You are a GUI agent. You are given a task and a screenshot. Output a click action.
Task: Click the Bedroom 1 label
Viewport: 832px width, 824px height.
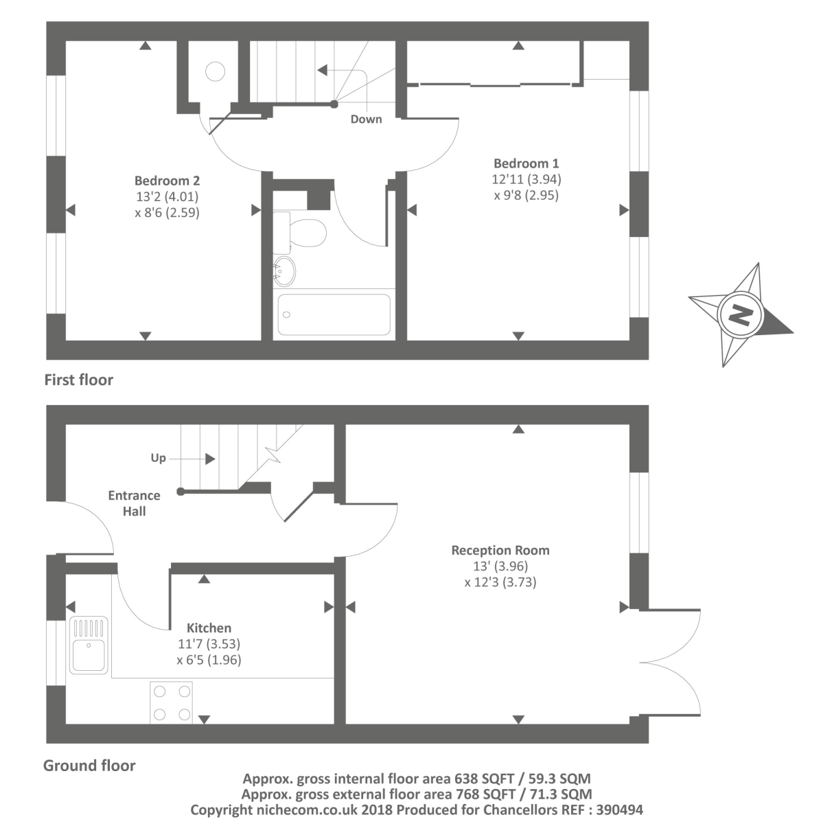point(526,163)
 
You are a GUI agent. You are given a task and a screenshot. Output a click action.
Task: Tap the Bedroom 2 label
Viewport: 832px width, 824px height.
point(167,181)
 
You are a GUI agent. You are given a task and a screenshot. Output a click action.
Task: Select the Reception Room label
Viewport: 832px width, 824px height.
point(500,550)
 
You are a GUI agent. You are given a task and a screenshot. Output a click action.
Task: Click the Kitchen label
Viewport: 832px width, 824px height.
point(209,628)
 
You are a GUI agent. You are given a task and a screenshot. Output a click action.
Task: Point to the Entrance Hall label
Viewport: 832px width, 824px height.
point(134,503)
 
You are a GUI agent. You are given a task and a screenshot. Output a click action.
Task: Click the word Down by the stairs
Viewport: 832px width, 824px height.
point(366,119)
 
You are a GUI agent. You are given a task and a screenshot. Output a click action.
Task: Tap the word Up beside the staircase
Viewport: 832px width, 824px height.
point(158,458)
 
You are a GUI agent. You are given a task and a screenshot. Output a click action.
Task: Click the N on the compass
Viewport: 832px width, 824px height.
point(740,315)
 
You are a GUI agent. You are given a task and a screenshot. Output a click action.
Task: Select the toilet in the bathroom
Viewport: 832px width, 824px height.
point(302,232)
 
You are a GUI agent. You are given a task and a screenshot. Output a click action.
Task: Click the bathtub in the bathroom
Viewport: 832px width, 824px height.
point(334,314)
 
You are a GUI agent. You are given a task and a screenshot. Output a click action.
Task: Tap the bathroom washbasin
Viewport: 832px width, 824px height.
point(284,271)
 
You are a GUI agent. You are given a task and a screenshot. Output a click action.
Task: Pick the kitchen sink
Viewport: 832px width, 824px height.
point(89,645)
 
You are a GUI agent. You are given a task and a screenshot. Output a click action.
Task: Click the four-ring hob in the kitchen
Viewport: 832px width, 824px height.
point(172,702)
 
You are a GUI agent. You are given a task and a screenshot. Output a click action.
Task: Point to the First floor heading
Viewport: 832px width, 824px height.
point(78,380)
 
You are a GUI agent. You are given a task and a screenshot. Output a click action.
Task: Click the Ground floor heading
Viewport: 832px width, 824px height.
point(89,765)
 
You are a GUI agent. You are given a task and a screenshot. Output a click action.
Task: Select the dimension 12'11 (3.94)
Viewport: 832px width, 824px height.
point(526,179)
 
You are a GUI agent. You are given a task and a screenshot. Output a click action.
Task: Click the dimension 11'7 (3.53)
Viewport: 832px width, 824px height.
point(209,644)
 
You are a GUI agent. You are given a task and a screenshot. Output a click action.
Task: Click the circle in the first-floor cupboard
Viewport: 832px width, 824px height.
point(216,71)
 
